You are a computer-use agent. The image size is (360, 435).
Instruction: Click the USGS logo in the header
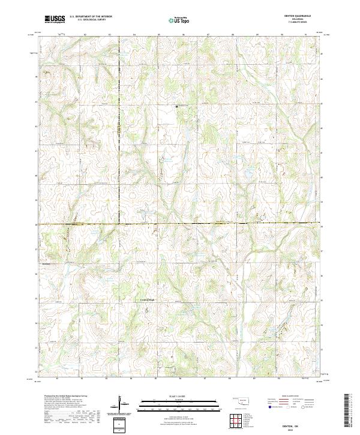click(55, 19)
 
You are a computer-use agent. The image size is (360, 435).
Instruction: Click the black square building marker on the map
click(176, 107)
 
